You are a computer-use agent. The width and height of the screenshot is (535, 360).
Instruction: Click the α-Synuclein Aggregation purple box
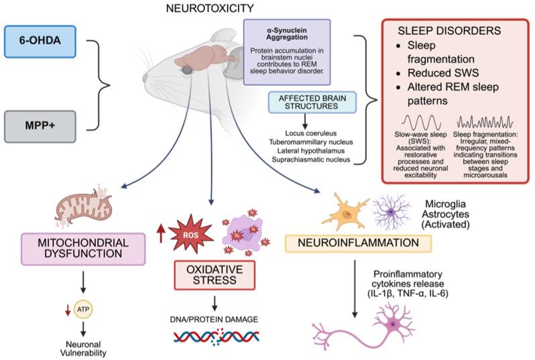pos(287,52)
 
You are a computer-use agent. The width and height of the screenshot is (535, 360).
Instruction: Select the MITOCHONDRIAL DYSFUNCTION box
pos(84,249)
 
